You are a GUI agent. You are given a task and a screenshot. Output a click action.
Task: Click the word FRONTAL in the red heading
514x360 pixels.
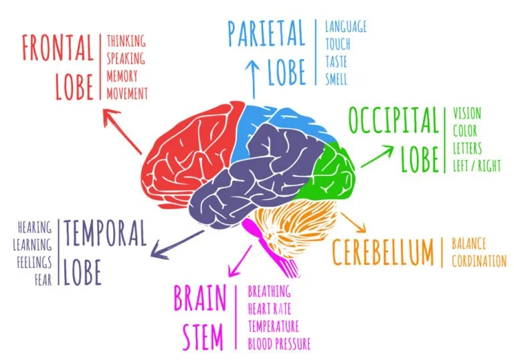coord(58,48)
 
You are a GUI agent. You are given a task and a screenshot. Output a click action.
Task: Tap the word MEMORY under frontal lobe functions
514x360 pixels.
coord(122,76)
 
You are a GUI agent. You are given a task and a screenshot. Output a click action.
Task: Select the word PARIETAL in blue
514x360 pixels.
coord(266,33)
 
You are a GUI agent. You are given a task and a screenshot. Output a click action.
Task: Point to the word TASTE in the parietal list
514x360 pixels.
coord(336,62)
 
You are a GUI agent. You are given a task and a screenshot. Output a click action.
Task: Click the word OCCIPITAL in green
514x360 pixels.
coord(394,120)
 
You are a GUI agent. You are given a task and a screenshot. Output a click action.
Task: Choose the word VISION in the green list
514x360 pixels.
coord(466,114)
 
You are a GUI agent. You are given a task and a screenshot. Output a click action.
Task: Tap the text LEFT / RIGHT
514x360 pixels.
coord(477,165)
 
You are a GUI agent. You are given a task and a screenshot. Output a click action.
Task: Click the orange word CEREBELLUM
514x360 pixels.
coord(383,252)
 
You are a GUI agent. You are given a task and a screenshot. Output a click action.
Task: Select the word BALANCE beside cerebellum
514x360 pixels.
coord(468,244)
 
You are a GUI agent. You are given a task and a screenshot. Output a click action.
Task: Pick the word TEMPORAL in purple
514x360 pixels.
coord(105,233)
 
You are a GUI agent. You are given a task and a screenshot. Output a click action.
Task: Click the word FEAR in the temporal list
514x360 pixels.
coord(44,280)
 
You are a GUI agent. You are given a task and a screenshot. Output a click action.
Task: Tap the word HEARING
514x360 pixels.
coord(35,227)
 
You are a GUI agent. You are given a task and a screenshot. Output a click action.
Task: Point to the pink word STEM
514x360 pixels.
coord(203,337)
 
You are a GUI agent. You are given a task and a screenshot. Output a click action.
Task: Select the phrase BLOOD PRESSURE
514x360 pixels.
coord(279,344)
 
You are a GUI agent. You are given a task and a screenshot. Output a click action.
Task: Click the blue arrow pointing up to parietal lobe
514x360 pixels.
coord(253,79)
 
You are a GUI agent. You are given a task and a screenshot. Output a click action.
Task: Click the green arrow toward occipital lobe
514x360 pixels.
coord(377,157)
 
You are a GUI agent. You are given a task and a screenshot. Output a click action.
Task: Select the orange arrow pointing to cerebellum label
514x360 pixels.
coord(353,223)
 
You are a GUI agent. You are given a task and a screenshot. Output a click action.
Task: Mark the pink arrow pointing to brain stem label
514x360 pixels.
coord(240,261)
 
